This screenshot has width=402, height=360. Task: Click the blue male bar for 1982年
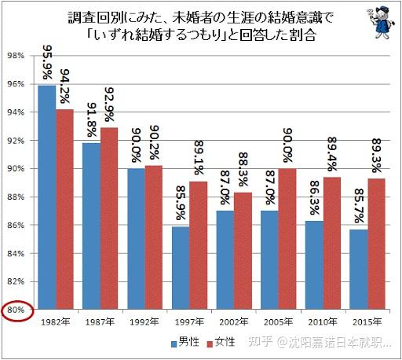tap(46, 197)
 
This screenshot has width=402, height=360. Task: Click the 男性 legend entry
tap(185, 343)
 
